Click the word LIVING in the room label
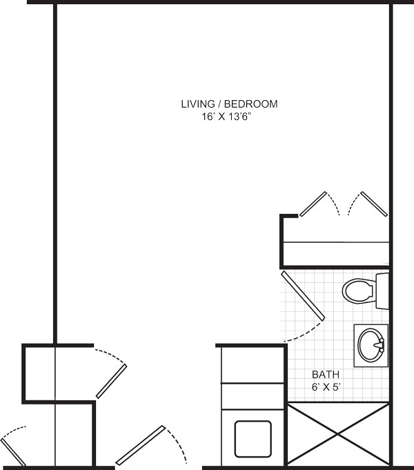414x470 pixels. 198,104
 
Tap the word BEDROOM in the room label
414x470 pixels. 251,104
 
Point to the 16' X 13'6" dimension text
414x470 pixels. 226,117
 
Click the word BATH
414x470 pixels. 326,374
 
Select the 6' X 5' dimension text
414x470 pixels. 326,387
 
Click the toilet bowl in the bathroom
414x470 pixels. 359,291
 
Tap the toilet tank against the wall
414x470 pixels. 382,291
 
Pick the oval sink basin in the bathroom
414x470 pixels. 371,345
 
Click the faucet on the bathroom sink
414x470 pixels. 379,345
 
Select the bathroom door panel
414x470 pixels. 303,296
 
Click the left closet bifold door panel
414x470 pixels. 313,204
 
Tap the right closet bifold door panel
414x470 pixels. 374,204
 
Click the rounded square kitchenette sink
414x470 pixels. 253,439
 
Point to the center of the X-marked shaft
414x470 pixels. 339,434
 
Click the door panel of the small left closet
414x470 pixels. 111,381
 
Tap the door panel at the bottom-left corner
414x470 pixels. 13,453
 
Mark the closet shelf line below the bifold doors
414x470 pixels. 336,242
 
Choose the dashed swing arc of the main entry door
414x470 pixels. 177,446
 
